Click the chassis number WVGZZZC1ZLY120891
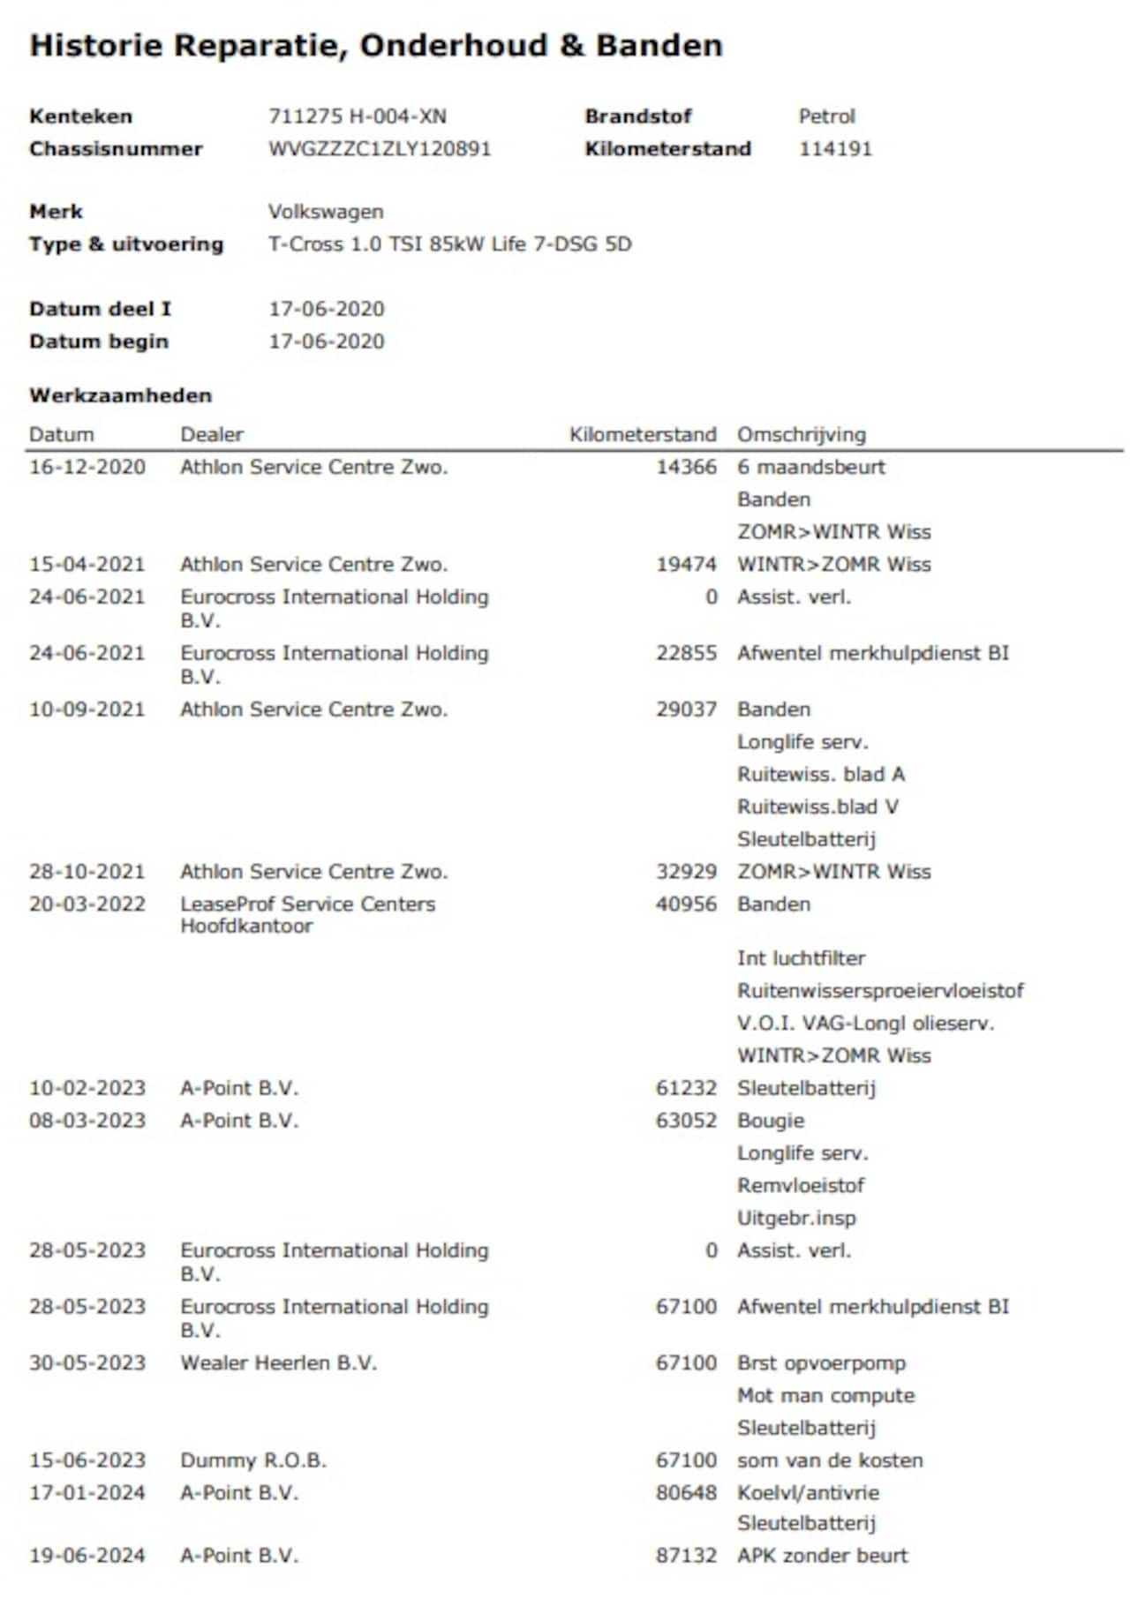[380, 148]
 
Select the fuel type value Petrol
[826, 116]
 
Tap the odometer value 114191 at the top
[835, 148]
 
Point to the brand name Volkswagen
[326, 212]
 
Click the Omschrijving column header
[802, 434]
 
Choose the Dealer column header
[212, 434]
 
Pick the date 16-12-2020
[87, 467]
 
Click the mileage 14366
[686, 467]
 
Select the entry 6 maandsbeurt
[811, 467]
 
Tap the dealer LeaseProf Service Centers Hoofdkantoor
[307, 914]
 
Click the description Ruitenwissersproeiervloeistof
[880, 990]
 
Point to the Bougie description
[771, 1121]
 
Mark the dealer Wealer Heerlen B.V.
[278, 1362]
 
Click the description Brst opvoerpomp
[821, 1362]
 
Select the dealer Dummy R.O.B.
[253, 1460]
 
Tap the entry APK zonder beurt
[823, 1556]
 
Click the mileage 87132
[686, 1556]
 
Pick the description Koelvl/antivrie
[809, 1492]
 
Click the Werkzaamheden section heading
[120, 395]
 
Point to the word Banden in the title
[659, 45]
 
